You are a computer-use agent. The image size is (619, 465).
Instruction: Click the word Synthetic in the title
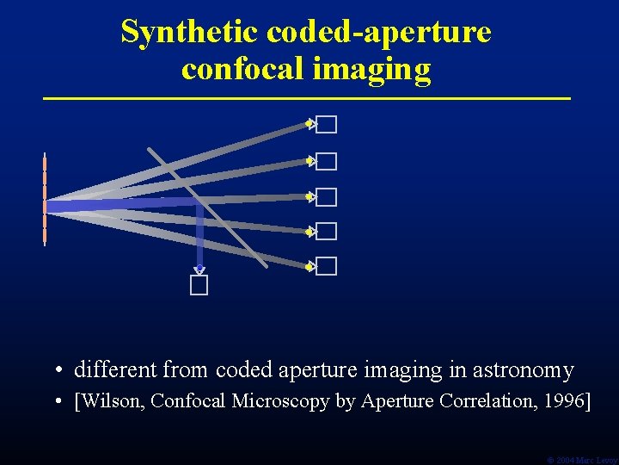point(190,32)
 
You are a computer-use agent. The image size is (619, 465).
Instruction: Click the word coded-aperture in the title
point(379,32)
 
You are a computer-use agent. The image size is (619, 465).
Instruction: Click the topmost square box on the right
point(326,126)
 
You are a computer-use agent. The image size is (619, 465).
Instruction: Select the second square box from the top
point(326,162)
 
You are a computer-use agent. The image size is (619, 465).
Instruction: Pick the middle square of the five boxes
point(326,198)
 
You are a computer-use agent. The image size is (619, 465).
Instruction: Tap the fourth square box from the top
point(326,232)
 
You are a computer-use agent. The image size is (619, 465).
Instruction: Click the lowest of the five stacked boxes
point(326,266)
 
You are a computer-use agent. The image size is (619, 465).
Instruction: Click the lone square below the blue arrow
point(199,286)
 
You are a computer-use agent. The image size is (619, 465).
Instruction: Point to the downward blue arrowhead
point(199,269)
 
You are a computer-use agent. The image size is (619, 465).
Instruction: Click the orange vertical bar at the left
point(45,200)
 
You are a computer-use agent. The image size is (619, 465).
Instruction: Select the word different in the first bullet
point(115,371)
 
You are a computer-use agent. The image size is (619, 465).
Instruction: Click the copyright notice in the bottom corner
point(582,460)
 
